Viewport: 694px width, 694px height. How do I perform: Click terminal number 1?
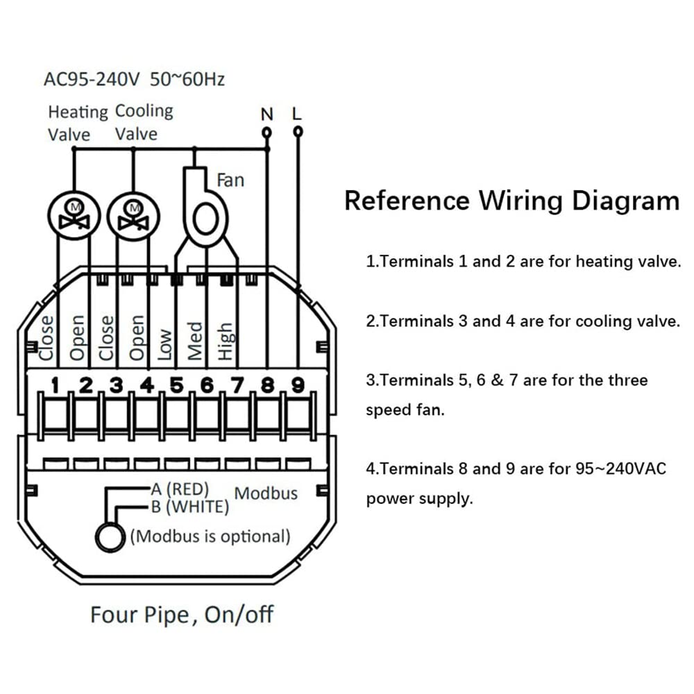pyautogui.click(x=55, y=385)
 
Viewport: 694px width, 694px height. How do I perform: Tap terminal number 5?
pyautogui.click(x=176, y=385)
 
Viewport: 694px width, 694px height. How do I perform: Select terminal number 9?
pyautogui.click(x=298, y=385)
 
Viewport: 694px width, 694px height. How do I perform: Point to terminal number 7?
pyautogui.click(x=237, y=385)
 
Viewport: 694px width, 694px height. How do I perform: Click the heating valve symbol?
pyautogui.click(x=74, y=216)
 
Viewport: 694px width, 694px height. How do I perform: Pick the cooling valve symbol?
pyautogui.click(x=133, y=216)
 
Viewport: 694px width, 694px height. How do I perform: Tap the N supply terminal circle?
pyautogui.click(x=266, y=133)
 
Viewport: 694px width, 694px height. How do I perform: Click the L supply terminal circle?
pyautogui.click(x=298, y=131)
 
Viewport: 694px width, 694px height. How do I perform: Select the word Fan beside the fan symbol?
pyautogui.click(x=230, y=180)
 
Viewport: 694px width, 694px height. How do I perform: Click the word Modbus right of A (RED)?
pyautogui.click(x=266, y=493)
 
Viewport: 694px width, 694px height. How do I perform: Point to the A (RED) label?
pyautogui.click(x=180, y=489)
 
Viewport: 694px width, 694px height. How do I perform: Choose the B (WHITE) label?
pyautogui.click(x=190, y=507)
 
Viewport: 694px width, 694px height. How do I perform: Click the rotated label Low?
pyautogui.click(x=164, y=344)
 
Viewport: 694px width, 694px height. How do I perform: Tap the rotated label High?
pyautogui.click(x=226, y=341)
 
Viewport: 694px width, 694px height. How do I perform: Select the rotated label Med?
pyautogui.click(x=195, y=341)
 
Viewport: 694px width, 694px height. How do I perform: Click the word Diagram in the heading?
pyautogui.click(x=625, y=201)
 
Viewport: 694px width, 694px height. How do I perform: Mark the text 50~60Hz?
pyautogui.click(x=187, y=80)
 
